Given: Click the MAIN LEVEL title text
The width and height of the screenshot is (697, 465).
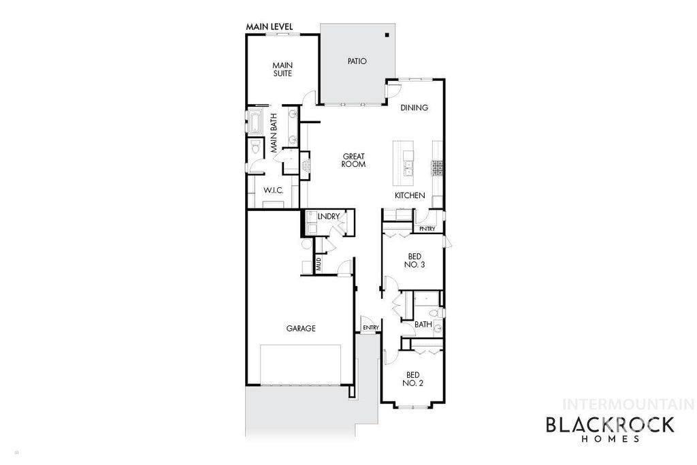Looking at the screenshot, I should (269, 27).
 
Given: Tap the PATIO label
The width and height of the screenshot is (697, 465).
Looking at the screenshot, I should (357, 61).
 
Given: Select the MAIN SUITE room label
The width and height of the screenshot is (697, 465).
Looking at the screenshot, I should (282, 69).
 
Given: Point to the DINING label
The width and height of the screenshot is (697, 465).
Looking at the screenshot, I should (414, 108).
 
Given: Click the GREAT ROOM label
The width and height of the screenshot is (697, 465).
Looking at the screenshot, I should (354, 160).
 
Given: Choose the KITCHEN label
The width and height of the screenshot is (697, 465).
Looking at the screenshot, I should (410, 196).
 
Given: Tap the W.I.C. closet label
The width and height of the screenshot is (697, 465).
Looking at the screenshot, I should (273, 190).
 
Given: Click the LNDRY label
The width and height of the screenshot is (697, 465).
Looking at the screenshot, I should (328, 217).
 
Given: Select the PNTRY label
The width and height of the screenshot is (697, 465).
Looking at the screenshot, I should (427, 229).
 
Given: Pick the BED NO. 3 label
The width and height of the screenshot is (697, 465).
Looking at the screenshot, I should (414, 260).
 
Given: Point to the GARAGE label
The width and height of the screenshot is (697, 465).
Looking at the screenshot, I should (300, 328).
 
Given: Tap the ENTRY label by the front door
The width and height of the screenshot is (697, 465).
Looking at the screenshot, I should (370, 328).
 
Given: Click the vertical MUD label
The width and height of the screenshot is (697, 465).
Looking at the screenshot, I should (318, 264).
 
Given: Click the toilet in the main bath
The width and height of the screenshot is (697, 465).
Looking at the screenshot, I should (255, 146).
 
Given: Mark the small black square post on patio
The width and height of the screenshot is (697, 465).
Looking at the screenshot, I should (386, 35).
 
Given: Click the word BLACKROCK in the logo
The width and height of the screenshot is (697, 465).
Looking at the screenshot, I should (610, 426).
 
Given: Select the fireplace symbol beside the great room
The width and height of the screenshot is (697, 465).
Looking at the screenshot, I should (306, 164).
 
